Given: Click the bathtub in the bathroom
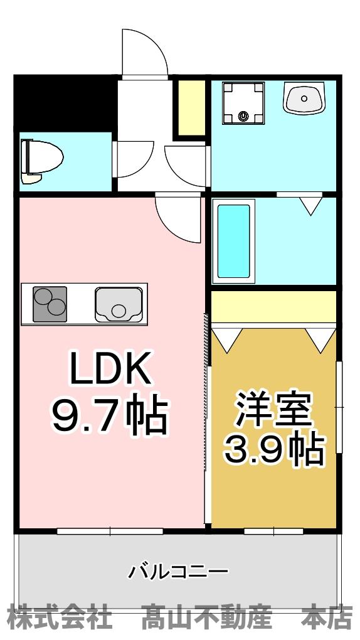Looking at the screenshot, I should pos(234,242).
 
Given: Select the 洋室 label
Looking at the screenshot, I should pos(273,408).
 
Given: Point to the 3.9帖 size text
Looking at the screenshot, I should pos(274,448).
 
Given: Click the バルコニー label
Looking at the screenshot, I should pos(179,572).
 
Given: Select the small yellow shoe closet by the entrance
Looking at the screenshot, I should pos(191,108).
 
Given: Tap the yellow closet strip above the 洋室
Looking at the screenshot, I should pos(273,307).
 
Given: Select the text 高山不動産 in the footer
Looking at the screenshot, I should pos(207,618).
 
